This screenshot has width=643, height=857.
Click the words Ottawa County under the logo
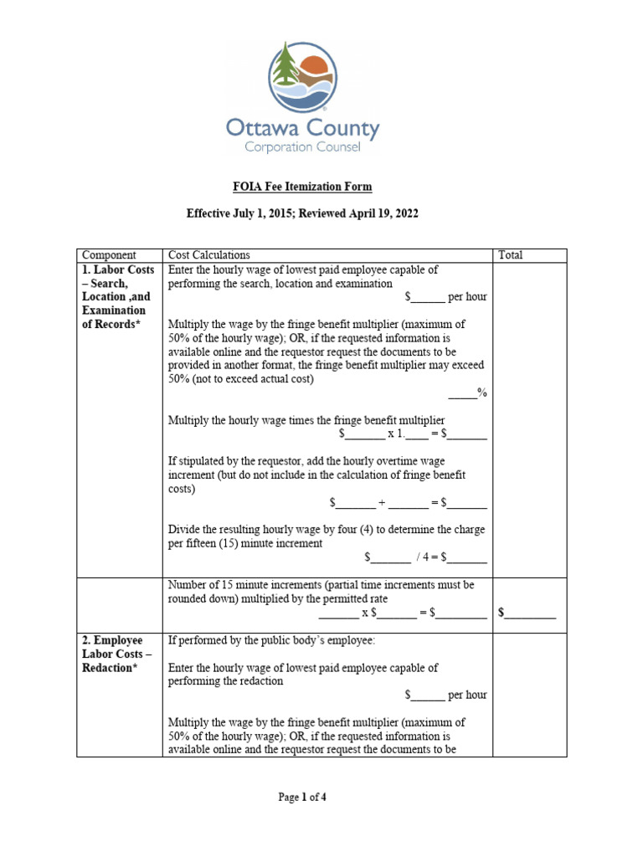(302, 129)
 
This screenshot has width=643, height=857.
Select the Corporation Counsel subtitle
(302, 148)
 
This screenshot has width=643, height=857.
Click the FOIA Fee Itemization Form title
(301, 186)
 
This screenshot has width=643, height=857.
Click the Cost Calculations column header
(209, 255)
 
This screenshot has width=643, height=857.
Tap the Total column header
(511, 255)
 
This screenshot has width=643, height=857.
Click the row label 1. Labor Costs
(118, 270)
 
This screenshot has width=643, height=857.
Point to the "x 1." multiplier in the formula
(396, 434)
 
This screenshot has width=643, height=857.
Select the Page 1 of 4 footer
(302, 798)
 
